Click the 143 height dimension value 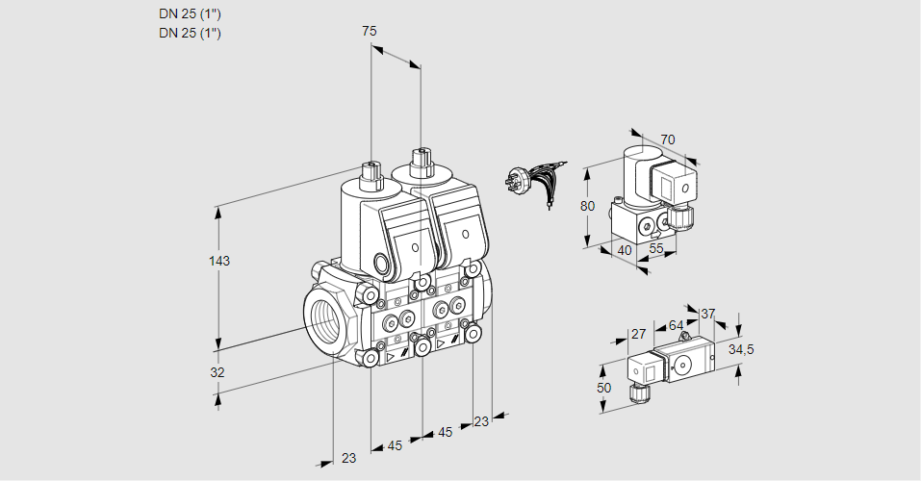tap(219, 261)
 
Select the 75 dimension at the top tap(369, 31)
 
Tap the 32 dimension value tap(217, 372)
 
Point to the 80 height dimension tap(587, 206)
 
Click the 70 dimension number tap(667, 139)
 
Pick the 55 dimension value tap(656, 248)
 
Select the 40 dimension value tap(625, 251)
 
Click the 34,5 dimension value tap(741, 350)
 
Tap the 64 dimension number tap(676, 325)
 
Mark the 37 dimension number tap(707, 315)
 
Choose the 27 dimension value tap(638, 334)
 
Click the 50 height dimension tap(603, 389)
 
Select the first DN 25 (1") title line tap(190, 14)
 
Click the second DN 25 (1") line tap(190, 33)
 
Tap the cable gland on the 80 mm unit tap(682, 216)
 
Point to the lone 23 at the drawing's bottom tap(349, 458)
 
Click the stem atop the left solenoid tap(370, 173)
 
